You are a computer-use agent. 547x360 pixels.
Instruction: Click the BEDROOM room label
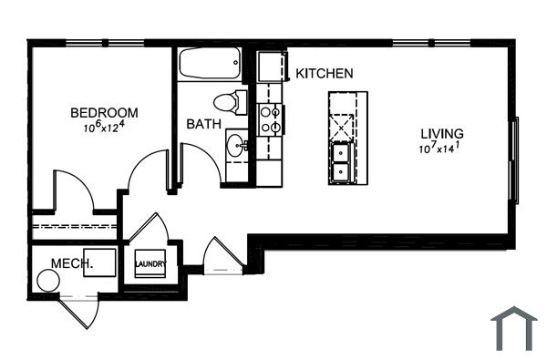point(105,113)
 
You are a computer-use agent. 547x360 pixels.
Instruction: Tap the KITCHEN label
point(324,73)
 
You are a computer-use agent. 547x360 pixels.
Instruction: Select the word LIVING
point(441,133)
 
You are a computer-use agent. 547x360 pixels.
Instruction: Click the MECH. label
point(72,263)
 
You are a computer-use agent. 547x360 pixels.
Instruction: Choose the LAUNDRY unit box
point(150,264)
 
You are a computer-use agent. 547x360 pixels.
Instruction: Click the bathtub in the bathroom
point(209,64)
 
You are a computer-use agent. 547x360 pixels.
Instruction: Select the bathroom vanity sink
point(235,144)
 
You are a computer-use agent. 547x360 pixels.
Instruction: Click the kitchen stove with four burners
point(270,118)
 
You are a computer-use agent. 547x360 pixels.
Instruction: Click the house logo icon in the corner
point(513,328)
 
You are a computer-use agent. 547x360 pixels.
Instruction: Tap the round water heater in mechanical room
point(46,281)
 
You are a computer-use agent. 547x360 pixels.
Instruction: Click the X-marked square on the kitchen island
point(343,123)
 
